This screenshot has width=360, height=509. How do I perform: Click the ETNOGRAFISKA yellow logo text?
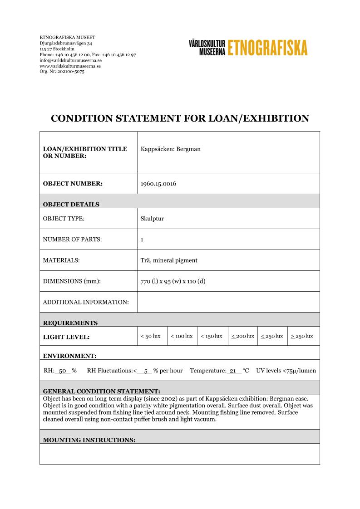click(267, 48)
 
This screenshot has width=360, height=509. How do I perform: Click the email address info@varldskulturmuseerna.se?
click(70, 60)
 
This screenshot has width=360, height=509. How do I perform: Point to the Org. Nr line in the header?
click(62, 71)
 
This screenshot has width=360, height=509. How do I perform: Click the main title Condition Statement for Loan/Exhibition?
click(180, 118)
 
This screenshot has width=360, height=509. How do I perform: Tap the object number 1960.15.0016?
click(158, 184)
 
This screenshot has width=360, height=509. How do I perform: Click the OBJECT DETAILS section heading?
click(71, 204)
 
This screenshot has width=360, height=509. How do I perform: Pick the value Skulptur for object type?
click(153, 219)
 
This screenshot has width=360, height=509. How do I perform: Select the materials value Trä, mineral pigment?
click(169, 260)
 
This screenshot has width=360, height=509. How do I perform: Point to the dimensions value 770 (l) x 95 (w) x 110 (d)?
click(173, 281)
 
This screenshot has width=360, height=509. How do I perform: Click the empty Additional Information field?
click(228, 302)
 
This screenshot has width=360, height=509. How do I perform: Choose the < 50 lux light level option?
click(151, 336)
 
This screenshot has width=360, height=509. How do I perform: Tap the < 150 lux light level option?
click(212, 336)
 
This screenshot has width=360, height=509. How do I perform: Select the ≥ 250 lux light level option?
click(302, 336)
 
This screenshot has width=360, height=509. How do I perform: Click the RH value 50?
click(63, 371)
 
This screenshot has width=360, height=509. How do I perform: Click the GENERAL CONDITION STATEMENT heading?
click(101, 391)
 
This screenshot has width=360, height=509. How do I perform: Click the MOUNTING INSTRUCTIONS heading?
click(89, 440)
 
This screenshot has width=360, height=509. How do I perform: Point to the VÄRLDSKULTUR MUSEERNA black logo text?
click(207, 47)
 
